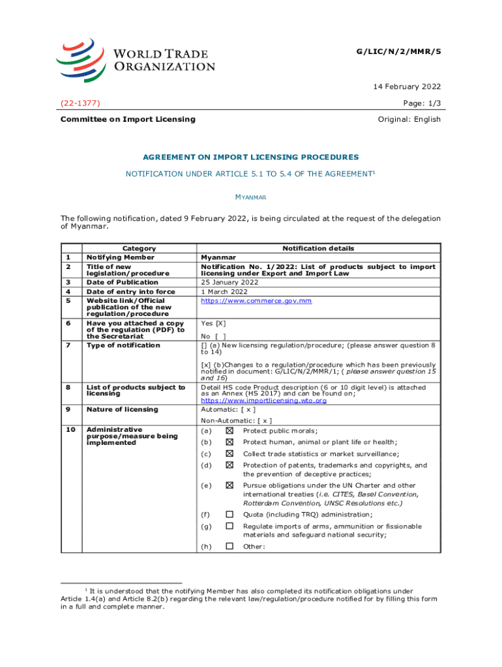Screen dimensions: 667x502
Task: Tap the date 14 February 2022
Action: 408,87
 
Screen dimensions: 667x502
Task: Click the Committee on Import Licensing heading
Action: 128,119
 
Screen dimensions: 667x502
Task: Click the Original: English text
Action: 409,119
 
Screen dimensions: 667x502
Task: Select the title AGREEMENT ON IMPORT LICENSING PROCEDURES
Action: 251,157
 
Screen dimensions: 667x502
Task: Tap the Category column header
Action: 139,248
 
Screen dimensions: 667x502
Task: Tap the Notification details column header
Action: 318,248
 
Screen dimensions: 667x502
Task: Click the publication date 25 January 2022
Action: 229,282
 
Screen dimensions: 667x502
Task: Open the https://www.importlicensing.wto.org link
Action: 263,401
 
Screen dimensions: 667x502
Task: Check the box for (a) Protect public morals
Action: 229,431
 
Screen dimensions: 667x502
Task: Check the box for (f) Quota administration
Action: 229,515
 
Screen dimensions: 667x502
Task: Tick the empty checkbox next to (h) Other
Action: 229,546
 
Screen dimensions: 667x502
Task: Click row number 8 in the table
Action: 68,388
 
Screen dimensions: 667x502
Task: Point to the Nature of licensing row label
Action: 122,409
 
